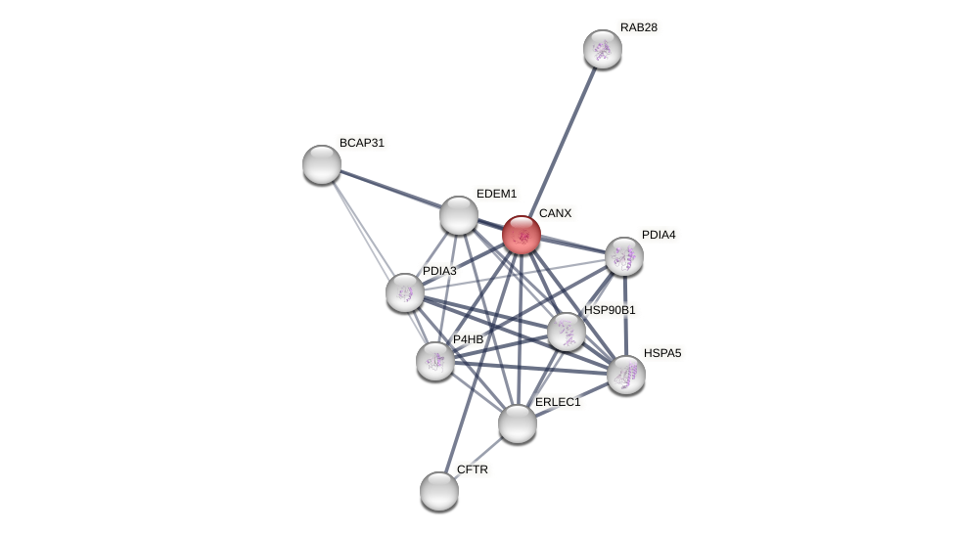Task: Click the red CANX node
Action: pyautogui.click(x=522, y=235)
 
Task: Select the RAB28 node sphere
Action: pyautogui.click(x=603, y=49)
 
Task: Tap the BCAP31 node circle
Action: pyautogui.click(x=322, y=164)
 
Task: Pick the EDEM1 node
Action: pyautogui.click(x=458, y=215)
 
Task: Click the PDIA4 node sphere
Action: pyautogui.click(x=624, y=256)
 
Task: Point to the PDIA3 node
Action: pyautogui.click(x=404, y=292)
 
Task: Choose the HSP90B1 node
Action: pyautogui.click(x=567, y=332)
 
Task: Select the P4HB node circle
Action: pyautogui.click(x=435, y=361)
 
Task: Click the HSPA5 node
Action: pyautogui.click(x=626, y=375)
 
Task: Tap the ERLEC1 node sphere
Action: pyautogui.click(x=518, y=424)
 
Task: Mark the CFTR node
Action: pyautogui.click(x=439, y=491)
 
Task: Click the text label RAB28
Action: pyautogui.click(x=638, y=27)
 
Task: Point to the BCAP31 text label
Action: pyautogui.click(x=362, y=143)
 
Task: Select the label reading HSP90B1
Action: pyautogui.click(x=610, y=310)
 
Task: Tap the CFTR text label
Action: pyautogui.click(x=473, y=469)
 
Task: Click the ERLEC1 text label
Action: pyautogui.click(x=558, y=402)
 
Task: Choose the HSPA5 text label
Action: pyautogui.click(x=662, y=353)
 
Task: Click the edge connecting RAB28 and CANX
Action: pyautogui.click(x=564, y=138)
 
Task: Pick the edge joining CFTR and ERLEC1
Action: pyautogui.click(x=478, y=457)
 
